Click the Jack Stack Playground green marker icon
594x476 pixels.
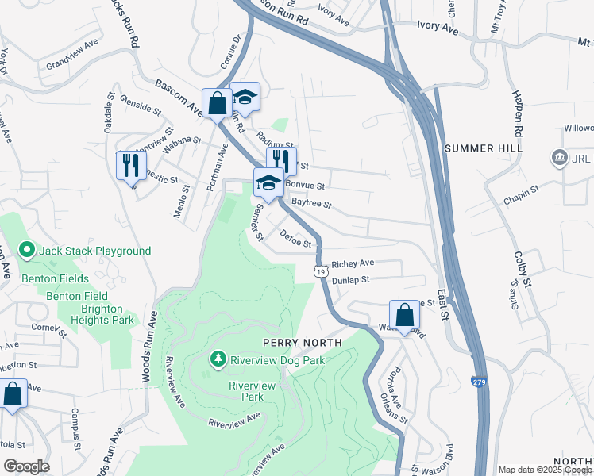pos(27,251)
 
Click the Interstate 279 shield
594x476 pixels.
pos(479,382)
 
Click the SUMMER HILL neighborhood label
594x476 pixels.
pos(483,148)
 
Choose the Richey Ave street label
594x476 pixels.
pos(353,263)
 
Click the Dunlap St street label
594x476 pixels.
pos(351,280)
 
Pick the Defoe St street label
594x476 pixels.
pos(296,238)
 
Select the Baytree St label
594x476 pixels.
pos(310,204)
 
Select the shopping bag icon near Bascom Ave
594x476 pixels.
pos(216,102)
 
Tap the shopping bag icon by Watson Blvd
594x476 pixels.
pos(404,314)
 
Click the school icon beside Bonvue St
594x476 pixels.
pos(268,183)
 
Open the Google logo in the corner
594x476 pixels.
pos(26,466)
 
